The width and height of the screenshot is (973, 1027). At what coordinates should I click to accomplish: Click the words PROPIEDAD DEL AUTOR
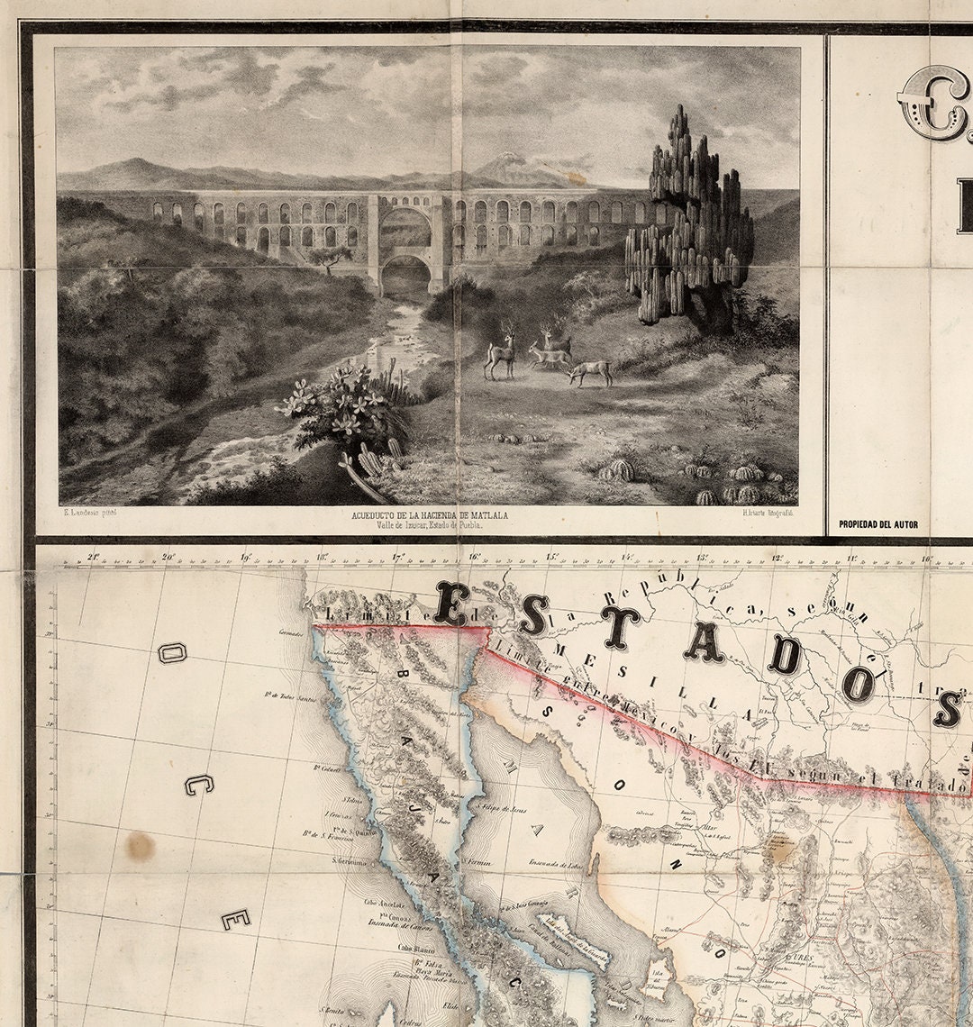(x=878, y=523)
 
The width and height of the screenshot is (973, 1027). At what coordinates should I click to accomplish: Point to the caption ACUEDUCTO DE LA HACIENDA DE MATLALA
(x=431, y=515)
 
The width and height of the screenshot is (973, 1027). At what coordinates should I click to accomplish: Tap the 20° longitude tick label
(x=168, y=556)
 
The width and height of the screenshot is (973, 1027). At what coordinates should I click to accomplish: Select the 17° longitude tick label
(x=397, y=557)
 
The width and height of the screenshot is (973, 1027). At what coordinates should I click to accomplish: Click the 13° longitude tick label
(x=702, y=557)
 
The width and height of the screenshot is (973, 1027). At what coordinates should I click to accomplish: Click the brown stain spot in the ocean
(x=140, y=845)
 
